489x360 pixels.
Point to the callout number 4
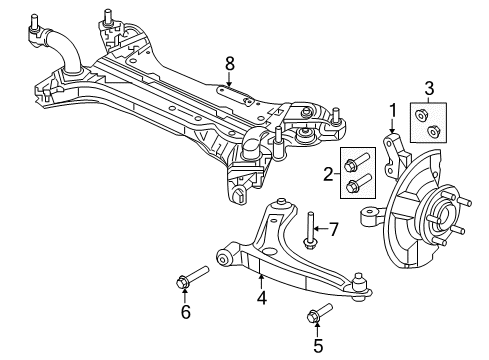point(261,297)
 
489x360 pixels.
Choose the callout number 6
point(184,312)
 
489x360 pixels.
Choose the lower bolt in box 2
point(357,184)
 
